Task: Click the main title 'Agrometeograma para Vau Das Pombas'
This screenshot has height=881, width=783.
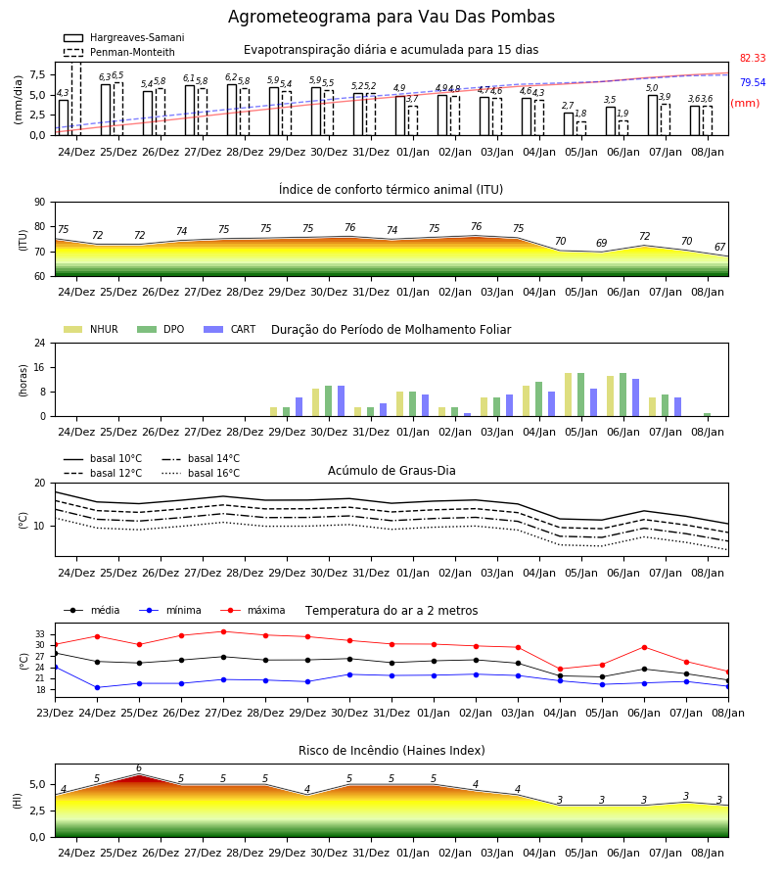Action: coord(391,17)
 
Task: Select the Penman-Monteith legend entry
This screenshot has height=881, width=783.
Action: coord(119,52)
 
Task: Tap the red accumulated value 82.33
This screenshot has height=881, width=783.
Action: coord(753,58)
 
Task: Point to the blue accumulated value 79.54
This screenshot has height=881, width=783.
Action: coord(753,82)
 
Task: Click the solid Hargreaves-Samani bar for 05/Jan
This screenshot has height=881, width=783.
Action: coord(569,124)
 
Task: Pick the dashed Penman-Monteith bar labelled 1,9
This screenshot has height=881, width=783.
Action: coord(622,128)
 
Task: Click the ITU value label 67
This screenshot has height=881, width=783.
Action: coord(719,248)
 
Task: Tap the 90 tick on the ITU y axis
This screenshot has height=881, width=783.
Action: coord(40,203)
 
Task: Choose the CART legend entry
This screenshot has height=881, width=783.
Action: coord(230,329)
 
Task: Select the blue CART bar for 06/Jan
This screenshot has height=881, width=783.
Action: coord(636,397)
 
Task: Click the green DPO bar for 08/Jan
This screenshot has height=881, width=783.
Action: coord(708,415)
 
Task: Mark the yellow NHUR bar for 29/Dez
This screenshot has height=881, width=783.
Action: coord(273,412)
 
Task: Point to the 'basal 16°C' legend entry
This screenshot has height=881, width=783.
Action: coord(201,473)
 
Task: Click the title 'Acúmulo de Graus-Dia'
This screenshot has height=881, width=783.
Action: coord(391,470)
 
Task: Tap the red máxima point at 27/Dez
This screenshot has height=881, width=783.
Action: coord(223,631)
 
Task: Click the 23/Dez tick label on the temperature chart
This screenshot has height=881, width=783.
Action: coord(55,713)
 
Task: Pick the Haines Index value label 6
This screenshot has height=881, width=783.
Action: coord(139,768)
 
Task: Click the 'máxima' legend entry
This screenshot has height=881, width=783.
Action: coord(253,610)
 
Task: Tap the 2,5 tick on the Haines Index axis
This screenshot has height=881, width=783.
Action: coord(37,811)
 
